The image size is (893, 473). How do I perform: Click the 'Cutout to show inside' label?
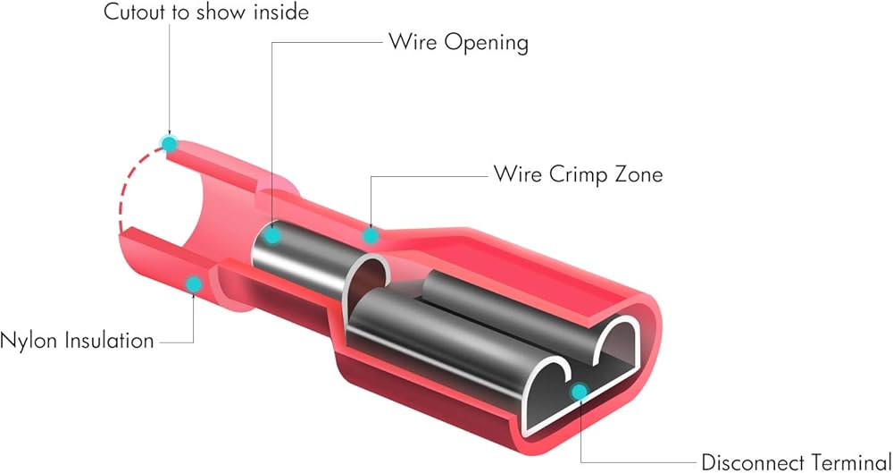point(205,13)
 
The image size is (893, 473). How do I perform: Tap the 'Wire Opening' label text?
point(458,42)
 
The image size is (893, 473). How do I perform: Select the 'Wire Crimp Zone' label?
point(579,173)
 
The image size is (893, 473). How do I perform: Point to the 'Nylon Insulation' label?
point(78,341)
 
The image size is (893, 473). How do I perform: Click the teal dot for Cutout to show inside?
point(168,143)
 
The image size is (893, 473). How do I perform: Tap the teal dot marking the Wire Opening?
point(273,236)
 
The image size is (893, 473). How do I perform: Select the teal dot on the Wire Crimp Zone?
point(369,235)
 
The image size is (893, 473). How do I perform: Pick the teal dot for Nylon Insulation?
point(192,284)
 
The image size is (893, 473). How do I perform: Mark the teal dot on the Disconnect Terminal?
point(579,391)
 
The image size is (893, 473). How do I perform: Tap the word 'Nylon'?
point(29,341)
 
